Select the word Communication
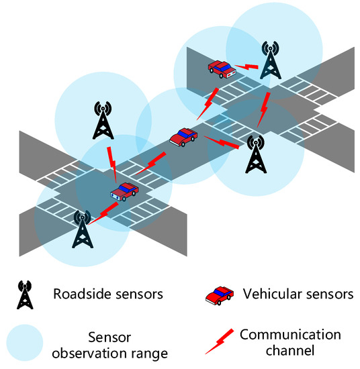tap(290, 334)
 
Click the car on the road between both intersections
tap(182, 136)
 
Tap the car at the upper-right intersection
tap(221, 67)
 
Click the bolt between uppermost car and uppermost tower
tap(249, 66)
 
